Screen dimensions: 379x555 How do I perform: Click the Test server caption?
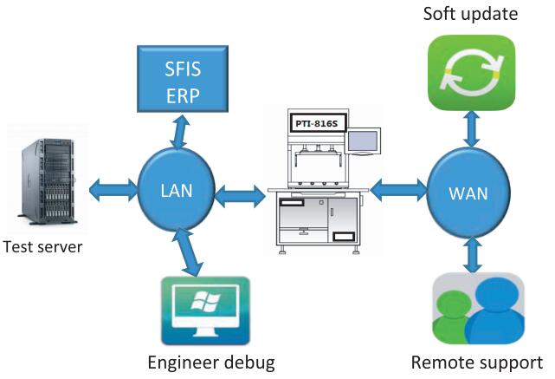[42, 247]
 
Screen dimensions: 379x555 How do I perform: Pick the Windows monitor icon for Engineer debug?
[204, 311]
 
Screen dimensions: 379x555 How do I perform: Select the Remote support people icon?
[478, 310]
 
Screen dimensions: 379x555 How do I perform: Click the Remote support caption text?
[477, 363]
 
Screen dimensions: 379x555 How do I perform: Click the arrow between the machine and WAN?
[397, 186]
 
